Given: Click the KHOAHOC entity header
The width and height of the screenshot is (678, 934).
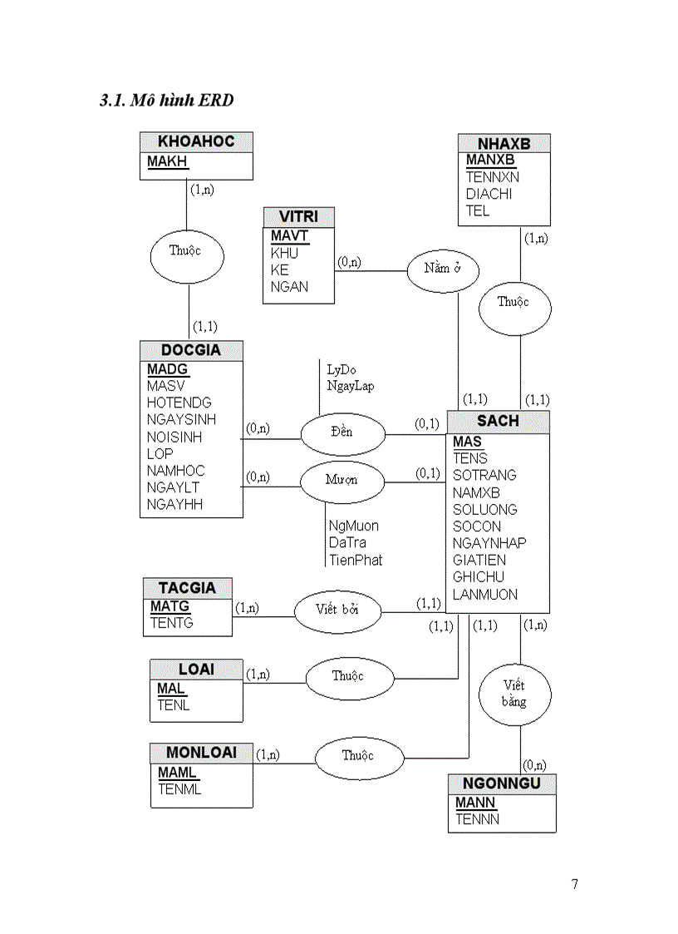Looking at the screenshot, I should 196,142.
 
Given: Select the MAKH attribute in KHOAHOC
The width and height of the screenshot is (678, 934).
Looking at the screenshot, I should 168,161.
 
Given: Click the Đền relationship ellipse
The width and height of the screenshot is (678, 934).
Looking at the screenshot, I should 341,432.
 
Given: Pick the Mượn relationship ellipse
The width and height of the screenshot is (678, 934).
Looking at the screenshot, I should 341,481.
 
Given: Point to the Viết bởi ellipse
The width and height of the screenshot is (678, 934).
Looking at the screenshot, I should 337,610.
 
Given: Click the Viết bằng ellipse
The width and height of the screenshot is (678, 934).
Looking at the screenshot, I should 514,694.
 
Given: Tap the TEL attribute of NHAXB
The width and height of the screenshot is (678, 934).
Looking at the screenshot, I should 478,210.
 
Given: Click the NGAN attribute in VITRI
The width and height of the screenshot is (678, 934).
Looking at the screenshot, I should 289,287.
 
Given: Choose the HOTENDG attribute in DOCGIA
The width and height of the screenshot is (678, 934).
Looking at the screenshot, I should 179,403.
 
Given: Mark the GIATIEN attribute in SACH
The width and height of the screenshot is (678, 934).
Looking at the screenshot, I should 479,560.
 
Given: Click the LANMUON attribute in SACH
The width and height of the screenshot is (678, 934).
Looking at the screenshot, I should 485,594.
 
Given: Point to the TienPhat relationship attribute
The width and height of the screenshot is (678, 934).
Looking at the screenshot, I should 356,560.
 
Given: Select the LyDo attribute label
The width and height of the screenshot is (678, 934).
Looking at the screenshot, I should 341,368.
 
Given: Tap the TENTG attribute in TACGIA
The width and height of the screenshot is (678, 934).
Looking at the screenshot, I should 172,622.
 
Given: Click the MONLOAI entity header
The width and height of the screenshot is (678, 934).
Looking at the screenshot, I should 202,753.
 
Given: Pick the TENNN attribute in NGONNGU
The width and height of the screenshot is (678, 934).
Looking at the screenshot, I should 478,819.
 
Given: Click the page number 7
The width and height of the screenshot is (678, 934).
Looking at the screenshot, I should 575,883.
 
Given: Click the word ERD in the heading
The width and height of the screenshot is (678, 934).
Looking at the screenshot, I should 215,101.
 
